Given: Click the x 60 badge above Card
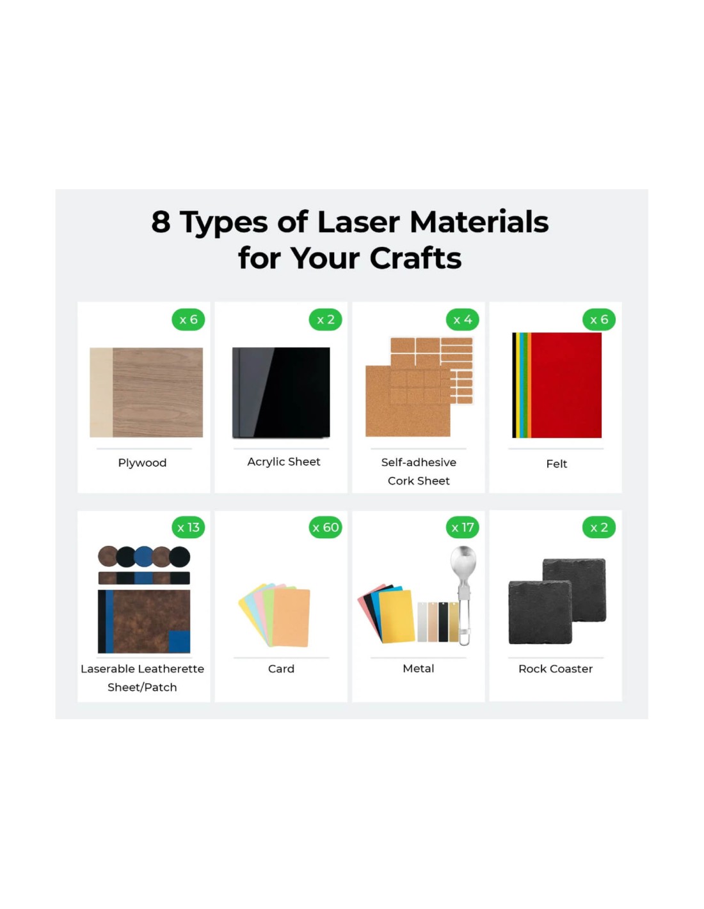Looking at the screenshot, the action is (325, 527).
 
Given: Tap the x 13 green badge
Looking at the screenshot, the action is (188, 527).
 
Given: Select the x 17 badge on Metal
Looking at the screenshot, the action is (462, 527).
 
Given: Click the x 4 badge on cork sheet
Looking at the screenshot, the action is (462, 320).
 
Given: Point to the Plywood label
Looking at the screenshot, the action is (142, 463).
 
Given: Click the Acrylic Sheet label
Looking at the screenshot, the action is (284, 462).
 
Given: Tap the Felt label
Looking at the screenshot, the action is (557, 463).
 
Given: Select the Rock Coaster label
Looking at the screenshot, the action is (556, 669).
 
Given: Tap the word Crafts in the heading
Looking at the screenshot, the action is (415, 258).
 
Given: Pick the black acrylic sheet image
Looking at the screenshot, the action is (281, 392).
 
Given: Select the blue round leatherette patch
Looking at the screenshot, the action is (143, 557).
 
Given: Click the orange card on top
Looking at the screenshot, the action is (291, 618).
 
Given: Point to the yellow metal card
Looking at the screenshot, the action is (396, 616).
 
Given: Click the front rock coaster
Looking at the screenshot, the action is (540, 612).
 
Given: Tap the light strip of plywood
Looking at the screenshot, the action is (101, 392).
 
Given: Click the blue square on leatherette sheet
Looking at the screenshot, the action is (179, 641).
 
